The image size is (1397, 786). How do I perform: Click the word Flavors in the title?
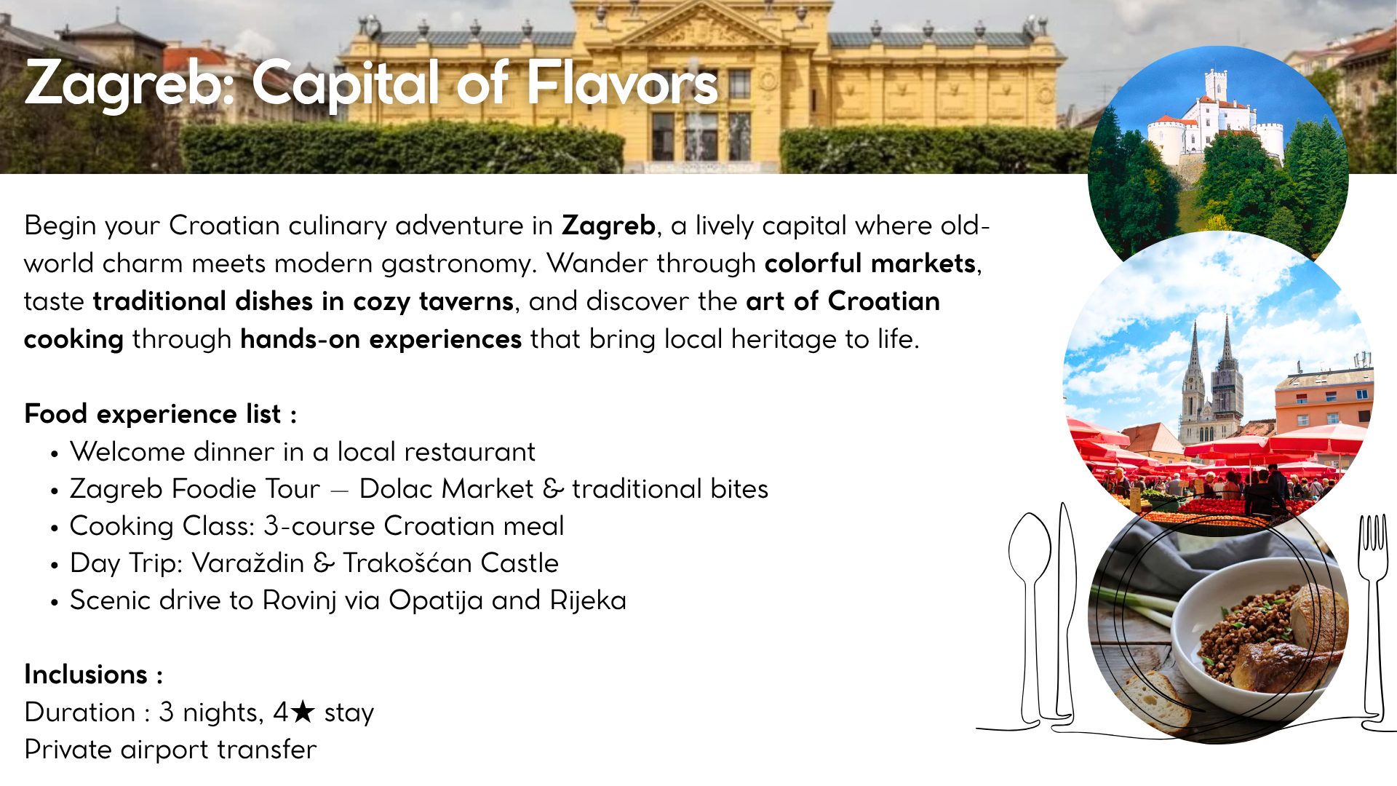click(x=622, y=84)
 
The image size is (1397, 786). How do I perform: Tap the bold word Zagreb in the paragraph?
click(x=608, y=226)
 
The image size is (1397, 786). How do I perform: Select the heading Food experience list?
click(x=160, y=414)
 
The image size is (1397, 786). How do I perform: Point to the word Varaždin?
click(x=248, y=563)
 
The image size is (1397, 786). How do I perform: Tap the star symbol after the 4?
click(x=302, y=712)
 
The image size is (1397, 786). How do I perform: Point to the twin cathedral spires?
click(x=1211, y=378)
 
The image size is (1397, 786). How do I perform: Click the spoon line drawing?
click(x=1030, y=604)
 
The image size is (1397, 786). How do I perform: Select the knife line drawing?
click(x=1066, y=611)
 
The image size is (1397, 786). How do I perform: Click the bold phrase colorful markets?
click(x=869, y=263)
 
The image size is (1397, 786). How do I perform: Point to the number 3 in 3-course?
click(x=271, y=526)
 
